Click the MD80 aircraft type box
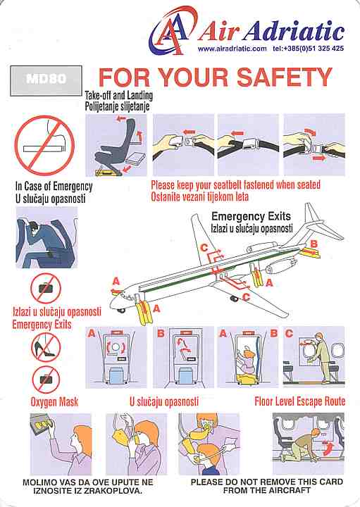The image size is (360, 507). point(46,80)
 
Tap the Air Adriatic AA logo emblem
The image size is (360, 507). point(172,32)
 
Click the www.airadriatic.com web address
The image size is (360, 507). point(232,49)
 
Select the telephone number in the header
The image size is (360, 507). point(309,49)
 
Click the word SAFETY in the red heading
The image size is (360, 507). point(284,77)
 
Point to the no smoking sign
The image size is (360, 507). point(44,146)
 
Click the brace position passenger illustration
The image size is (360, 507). point(46,238)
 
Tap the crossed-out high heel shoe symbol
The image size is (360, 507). point(46,349)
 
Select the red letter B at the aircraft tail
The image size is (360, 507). point(314,244)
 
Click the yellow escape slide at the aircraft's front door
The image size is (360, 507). point(142,311)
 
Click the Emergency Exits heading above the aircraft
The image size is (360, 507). point(252,216)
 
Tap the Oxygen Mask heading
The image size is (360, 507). point(54,402)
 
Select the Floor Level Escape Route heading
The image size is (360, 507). point(300,401)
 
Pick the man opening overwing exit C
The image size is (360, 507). point(322,358)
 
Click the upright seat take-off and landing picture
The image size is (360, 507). point(116,145)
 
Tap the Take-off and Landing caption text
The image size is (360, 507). point(118,95)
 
